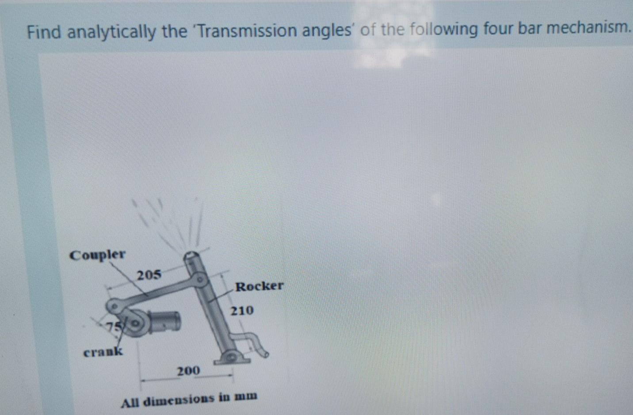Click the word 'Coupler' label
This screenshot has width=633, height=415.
click(x=97, y=255)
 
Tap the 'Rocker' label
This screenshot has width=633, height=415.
click(x=259, y=286)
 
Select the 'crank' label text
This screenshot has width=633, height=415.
click(x=103, y=352)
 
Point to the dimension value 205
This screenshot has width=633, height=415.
click(x=149, y=275)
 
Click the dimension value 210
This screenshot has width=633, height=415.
click(x=242, y=310)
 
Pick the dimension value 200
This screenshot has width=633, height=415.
click(x=188, y=370)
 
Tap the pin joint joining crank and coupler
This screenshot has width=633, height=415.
click(x=114, y=305)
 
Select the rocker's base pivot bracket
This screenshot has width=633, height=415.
click(x=231, y=357)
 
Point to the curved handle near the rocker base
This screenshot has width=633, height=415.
click(x=254, y=343)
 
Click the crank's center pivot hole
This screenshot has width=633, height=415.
click(x=136, y=324)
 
